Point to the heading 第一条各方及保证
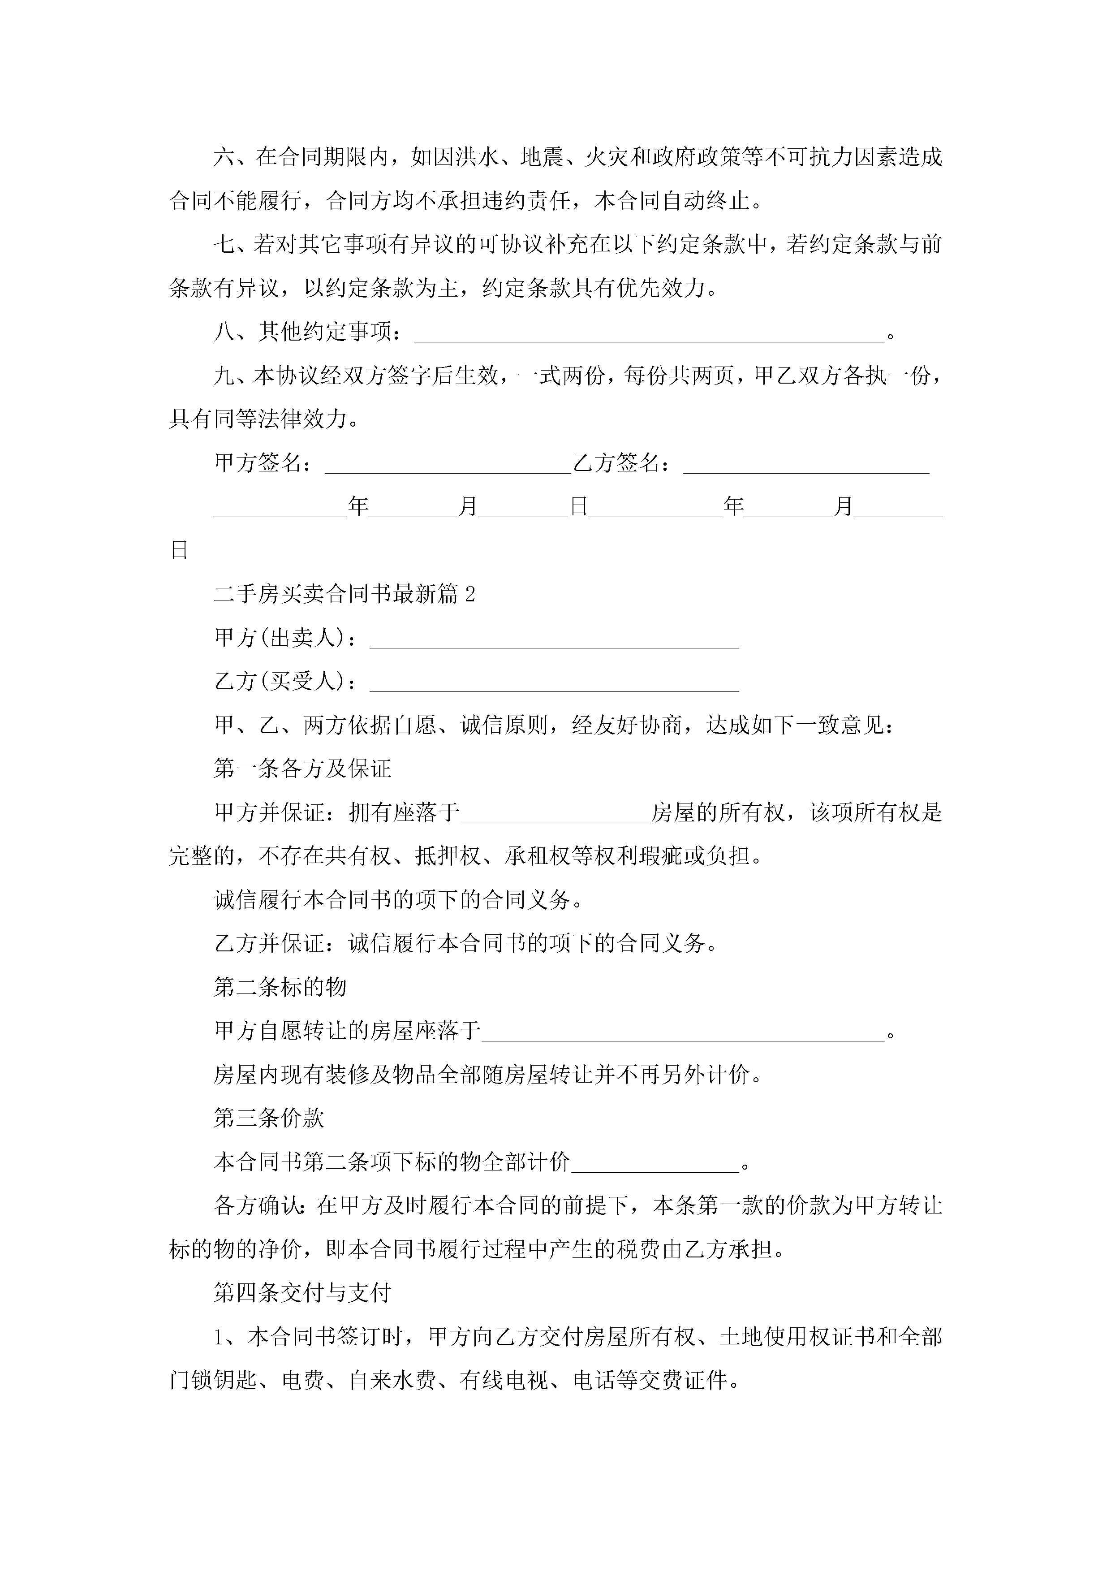302,769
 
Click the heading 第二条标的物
280,987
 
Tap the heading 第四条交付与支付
302,1293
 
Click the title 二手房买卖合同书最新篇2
344,594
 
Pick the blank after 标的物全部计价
655,1162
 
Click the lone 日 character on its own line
179,550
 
